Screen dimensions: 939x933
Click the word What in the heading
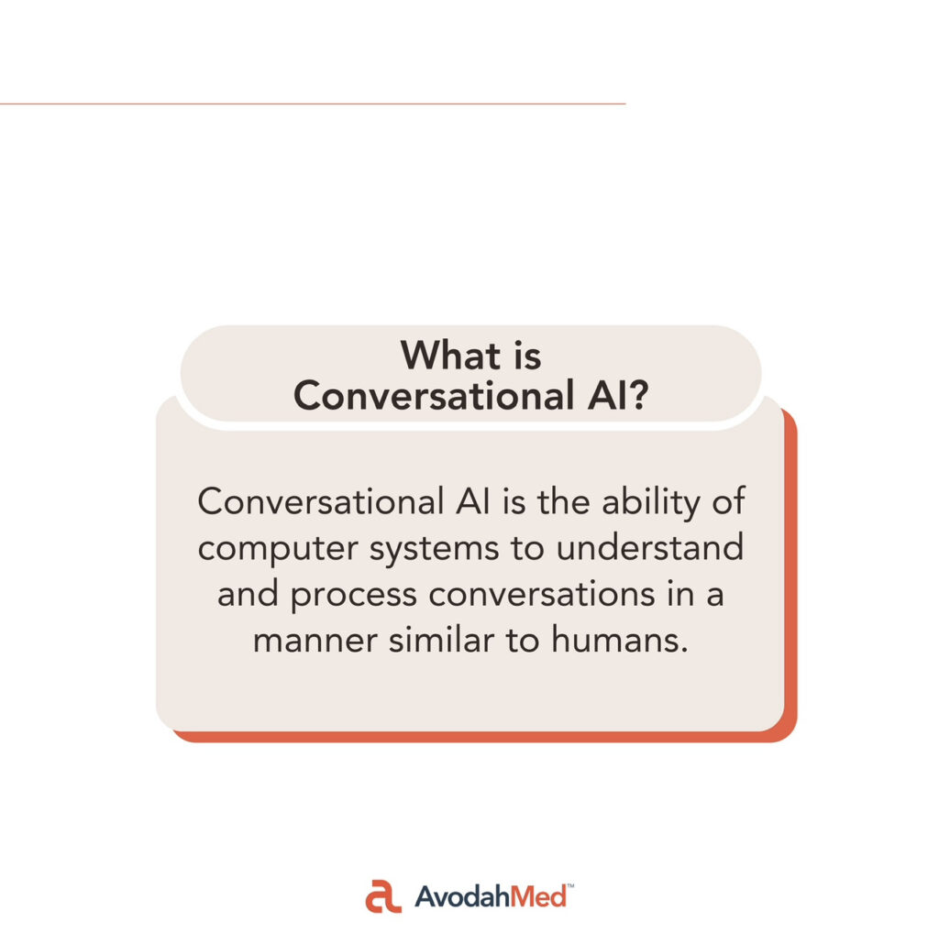pos(450,356)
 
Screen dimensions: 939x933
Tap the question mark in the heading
pos(638,396)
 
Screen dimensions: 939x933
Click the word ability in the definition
pos(650,503)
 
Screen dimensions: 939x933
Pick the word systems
pos(434,549)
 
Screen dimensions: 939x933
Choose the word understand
pos(650,547)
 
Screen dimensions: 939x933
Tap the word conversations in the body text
pos(542,594)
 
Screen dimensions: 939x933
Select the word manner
pos(315,641)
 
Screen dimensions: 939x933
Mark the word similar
pos(441,639)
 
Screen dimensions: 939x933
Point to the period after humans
pos(684,651)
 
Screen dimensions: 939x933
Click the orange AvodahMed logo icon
pos(383,896)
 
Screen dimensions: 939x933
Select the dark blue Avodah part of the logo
pos(462,897)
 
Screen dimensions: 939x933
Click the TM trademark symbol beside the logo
pos(570,885)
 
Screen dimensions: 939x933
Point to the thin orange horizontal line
pos(313,104)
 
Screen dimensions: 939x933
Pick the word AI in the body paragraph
pos(472,501)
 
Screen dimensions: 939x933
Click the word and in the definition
pos(248,594)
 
